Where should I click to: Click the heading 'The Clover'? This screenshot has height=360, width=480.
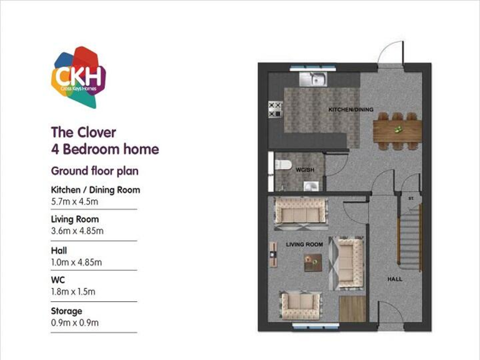click(x=83, y=132)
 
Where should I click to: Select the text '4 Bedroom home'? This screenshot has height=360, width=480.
click(x=104, y=149)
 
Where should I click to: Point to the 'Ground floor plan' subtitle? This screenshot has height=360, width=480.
click(x=94, y=171)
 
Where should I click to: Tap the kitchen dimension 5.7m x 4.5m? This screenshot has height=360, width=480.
click(x=75, y=201)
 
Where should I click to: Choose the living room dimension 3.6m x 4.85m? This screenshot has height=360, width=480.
click(x=77, y=231)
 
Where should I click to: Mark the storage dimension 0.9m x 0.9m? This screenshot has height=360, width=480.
click(x=74, y=322)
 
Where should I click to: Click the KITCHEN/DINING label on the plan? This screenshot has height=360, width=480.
click(x=351, y=110)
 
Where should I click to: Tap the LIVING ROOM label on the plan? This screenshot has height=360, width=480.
click(x=304, y=244)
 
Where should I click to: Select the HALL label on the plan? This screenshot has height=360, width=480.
click(x=394, y=279)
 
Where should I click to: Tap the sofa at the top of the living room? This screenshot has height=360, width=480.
click(x=300, y=209)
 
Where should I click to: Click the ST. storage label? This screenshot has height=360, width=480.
click(x=411, y=199)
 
